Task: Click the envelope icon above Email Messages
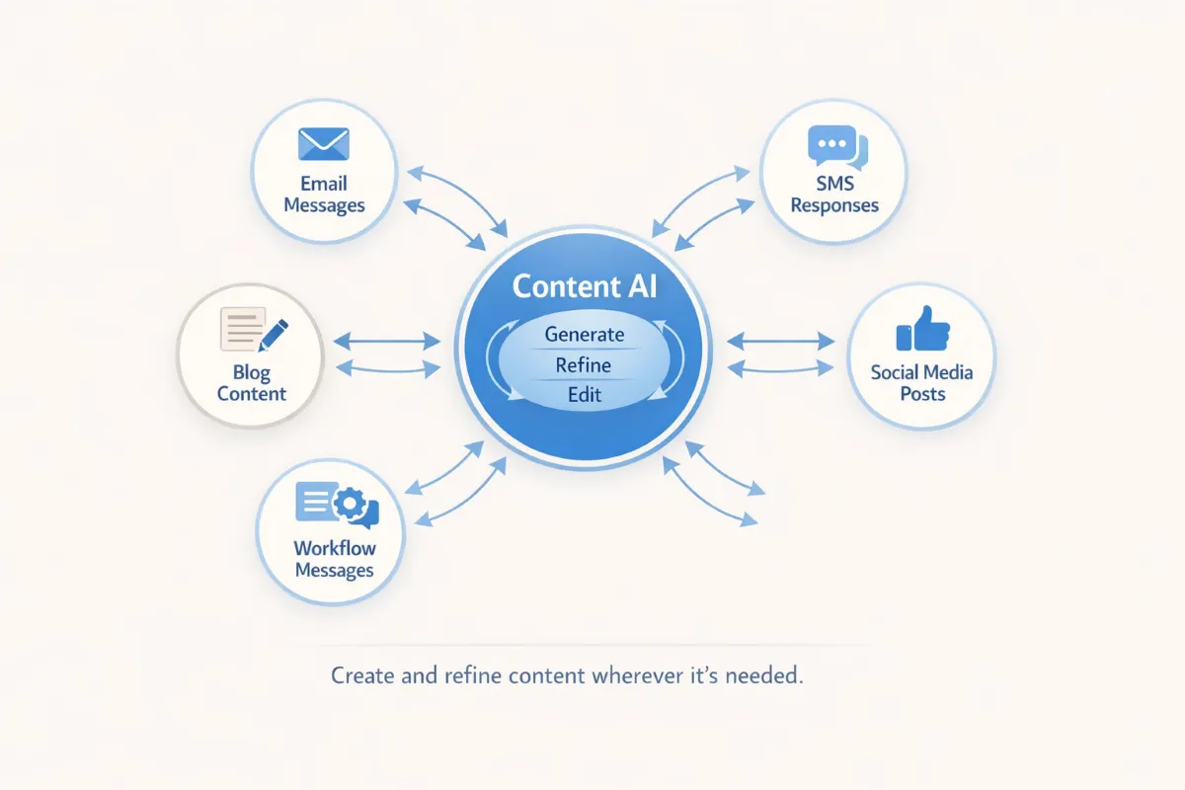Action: point(324,143)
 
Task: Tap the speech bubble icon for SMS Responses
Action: point(835,148)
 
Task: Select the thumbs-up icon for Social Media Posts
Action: point(921,329)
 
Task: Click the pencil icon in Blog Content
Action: point(273,333)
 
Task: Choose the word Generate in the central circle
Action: point(585,334)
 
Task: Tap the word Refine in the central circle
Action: point(584,365)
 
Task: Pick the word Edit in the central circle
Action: point(585,396)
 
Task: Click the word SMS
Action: point(834,184)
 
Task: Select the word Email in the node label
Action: point(324,184)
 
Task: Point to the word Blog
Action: point(252,372)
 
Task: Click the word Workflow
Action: point(335,548)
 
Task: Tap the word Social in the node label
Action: point(895,372)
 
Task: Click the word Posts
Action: point(922,394)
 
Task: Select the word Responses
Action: point(834,205)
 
